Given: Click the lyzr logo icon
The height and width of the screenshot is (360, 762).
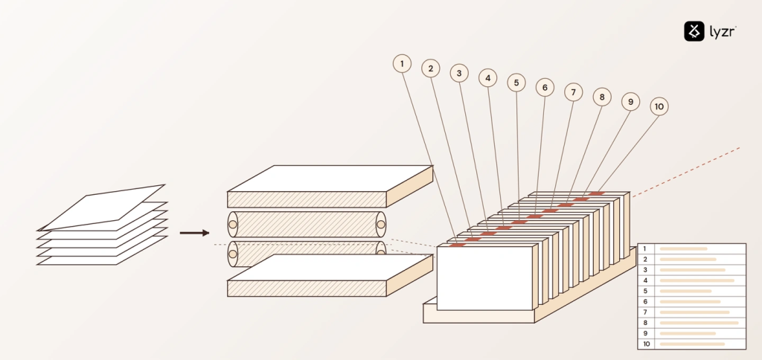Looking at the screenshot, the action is (694, 31).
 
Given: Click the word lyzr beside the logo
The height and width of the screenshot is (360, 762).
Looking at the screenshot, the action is (723, 32).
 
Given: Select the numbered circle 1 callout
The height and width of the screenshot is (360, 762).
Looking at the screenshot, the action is (402, 64).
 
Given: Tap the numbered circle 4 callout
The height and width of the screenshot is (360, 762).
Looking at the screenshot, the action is (488, 78).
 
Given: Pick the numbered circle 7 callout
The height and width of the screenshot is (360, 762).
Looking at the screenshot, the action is (574, 92).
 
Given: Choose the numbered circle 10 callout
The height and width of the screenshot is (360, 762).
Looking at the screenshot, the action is (659, 106).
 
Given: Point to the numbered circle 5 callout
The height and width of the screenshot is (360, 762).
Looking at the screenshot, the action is (516, 83).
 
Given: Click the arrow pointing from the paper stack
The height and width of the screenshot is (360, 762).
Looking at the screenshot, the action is (194, 234).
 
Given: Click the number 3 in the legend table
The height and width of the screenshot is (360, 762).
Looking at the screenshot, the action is (645, 270).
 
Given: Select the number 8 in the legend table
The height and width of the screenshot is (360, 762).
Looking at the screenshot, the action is (645, 323).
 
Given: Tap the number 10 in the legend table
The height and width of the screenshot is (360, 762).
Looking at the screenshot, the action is (647, 344).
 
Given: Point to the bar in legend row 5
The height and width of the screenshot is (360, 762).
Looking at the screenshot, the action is (685, 291).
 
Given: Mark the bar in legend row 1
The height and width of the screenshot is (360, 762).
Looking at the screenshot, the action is (683, 248).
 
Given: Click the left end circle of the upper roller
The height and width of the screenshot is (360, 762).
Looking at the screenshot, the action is (233, 225).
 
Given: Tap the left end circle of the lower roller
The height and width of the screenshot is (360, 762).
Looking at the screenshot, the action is (233, 254).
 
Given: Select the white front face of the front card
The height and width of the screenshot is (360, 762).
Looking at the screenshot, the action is (484, 278).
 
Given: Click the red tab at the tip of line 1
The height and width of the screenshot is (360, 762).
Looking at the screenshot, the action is (458, 245).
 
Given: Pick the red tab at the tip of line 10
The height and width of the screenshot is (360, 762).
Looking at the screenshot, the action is (597, 193).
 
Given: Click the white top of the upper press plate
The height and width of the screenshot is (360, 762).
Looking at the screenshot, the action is (330, 179).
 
